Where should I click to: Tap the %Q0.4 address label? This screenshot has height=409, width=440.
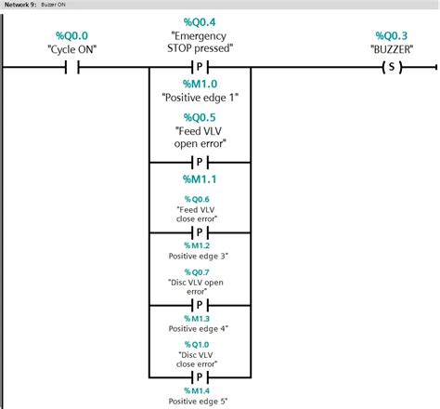[200, 21]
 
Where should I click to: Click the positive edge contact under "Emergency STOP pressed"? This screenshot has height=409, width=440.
[200, 67]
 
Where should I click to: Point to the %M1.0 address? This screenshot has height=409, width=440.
[200, 82]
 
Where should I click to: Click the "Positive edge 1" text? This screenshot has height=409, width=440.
[200, 98]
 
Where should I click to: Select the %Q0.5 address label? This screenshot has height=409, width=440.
[200, 117]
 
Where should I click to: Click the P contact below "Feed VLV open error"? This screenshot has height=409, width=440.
[200, 162]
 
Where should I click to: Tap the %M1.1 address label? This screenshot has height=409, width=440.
[200, 177]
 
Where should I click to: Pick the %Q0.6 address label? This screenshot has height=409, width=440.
[200, 199]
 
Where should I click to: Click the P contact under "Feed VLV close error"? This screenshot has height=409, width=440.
[200, 233]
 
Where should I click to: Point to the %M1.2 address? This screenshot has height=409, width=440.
[200, 245]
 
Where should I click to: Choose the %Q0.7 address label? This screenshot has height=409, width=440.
[200, 270]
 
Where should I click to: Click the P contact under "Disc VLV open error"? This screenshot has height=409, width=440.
[200, 305]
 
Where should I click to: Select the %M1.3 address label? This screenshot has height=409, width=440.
[200, 318]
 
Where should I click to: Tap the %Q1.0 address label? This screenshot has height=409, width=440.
[200, 343]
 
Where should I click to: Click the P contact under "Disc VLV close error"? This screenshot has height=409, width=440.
[200, 377]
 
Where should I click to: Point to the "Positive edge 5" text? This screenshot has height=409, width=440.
[200, 401]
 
